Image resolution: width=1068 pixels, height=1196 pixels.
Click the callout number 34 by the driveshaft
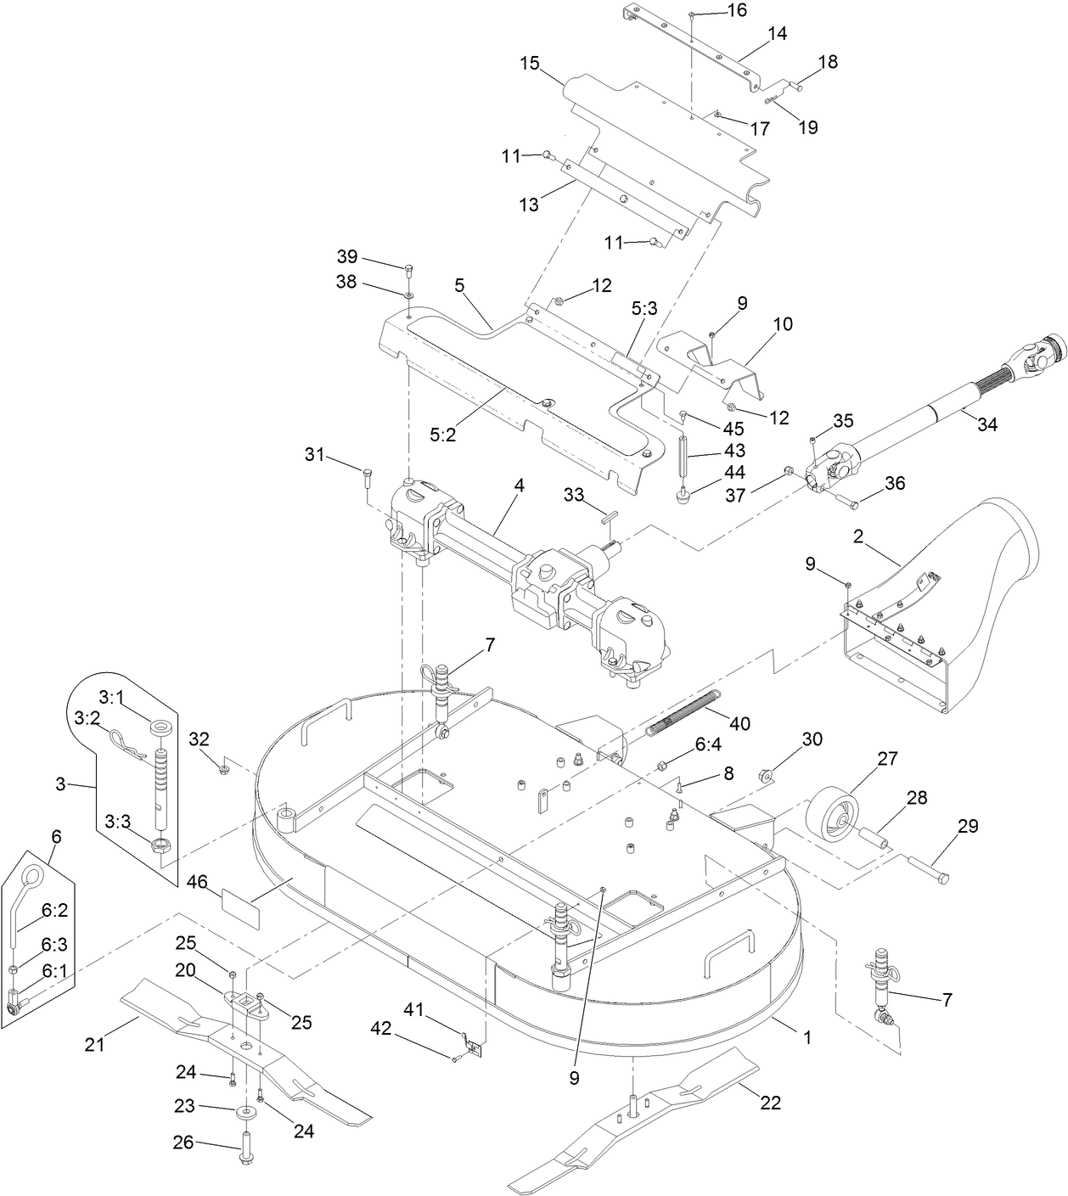tap(986, 424)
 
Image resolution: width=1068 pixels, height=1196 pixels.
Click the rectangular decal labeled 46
tap(240, 900)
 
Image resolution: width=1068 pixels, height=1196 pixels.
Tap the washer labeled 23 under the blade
tap(245, 1111)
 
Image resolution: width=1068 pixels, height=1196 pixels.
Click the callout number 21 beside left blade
tap(94, 1045)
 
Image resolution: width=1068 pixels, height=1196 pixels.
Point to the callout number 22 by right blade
tap(770, 1103)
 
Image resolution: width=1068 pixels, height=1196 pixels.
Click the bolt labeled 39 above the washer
tap(409, 271)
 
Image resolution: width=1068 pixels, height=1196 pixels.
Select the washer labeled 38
tap(408, 295)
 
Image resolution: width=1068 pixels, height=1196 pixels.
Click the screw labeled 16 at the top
tap(693, 16)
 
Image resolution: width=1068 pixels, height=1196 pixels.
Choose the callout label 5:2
tap(443, 434)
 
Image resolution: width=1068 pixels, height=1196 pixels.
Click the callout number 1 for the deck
tap(807, 1036)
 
